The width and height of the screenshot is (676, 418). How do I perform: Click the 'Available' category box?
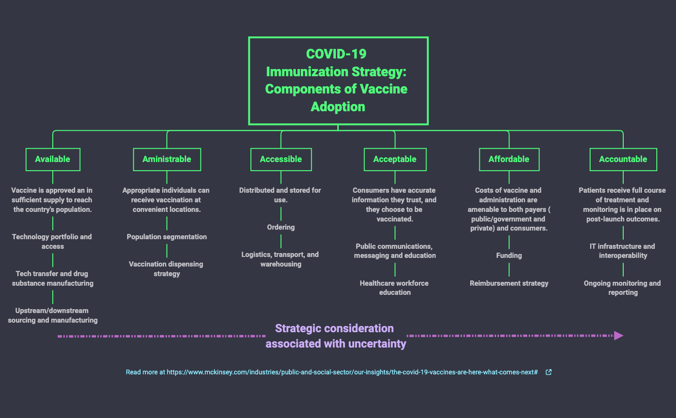[x=53, y=159]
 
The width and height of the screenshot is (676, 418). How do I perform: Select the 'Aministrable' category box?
[x=166, y=159]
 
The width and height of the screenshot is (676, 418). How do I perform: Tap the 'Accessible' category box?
[x=281, y=159]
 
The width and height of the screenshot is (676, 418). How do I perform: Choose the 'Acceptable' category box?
[x=395, y=159]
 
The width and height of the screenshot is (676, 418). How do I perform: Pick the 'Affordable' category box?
[x=509, y=159]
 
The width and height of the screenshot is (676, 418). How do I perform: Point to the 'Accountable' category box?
[x=623, y=159]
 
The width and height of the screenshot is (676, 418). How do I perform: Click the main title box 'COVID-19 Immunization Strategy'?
[x=338, y=81]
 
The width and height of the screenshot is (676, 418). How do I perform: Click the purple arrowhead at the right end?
[x=618, y=336]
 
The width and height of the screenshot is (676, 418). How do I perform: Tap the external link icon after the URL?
[x=548, y=372]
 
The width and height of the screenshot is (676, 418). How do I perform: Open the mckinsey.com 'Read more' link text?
[x=332, y=372]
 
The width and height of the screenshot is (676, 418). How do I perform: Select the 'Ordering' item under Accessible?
[x=281, y=227]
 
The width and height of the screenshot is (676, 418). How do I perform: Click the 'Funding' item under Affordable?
[x=509, y=255]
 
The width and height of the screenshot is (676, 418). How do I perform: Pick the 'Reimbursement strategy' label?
[x=509, y=283]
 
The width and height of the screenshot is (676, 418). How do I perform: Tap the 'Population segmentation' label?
[x=166, y=237]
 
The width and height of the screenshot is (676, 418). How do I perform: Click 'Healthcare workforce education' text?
[x=394, y=288]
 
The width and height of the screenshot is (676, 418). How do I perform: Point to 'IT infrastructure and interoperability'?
[x=622, y=251]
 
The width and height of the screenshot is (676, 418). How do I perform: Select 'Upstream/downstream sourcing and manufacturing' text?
[x=53, y=315]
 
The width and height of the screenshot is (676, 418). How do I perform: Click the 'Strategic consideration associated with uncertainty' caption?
[x=335, y=336]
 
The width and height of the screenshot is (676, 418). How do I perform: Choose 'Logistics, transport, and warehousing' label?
[x=280, y=259]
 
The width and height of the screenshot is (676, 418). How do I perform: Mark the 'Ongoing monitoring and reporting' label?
[x=622, y=288]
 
